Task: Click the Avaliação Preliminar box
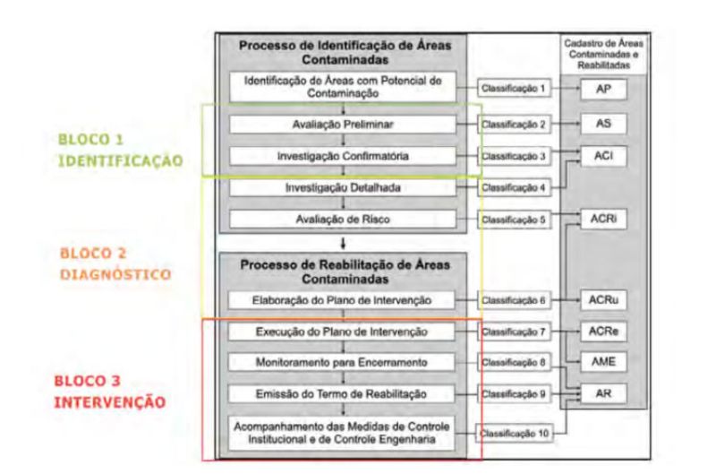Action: [343, 125]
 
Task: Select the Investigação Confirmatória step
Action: [343, 156]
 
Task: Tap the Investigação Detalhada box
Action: [343, 187]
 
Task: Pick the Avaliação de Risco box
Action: [343, 219]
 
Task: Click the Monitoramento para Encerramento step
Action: [342, 363]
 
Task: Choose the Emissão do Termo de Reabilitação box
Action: [342, 394]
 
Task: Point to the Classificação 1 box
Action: [514, 88]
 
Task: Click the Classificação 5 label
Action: [514, 220]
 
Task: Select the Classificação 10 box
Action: [514, 434]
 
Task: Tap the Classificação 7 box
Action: [514, 332]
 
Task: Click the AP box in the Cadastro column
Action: [603, 89]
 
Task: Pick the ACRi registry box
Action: [603, 219]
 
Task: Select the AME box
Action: [603, 362]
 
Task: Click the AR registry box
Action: [603, 393]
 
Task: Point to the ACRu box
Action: [603, 300]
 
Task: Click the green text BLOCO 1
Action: [91, 140]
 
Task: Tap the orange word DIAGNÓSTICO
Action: [115, 274]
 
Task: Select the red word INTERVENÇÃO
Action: [109, 402]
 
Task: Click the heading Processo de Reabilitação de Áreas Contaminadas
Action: [345, 271]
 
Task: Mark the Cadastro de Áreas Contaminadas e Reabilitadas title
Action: [603, 55]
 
